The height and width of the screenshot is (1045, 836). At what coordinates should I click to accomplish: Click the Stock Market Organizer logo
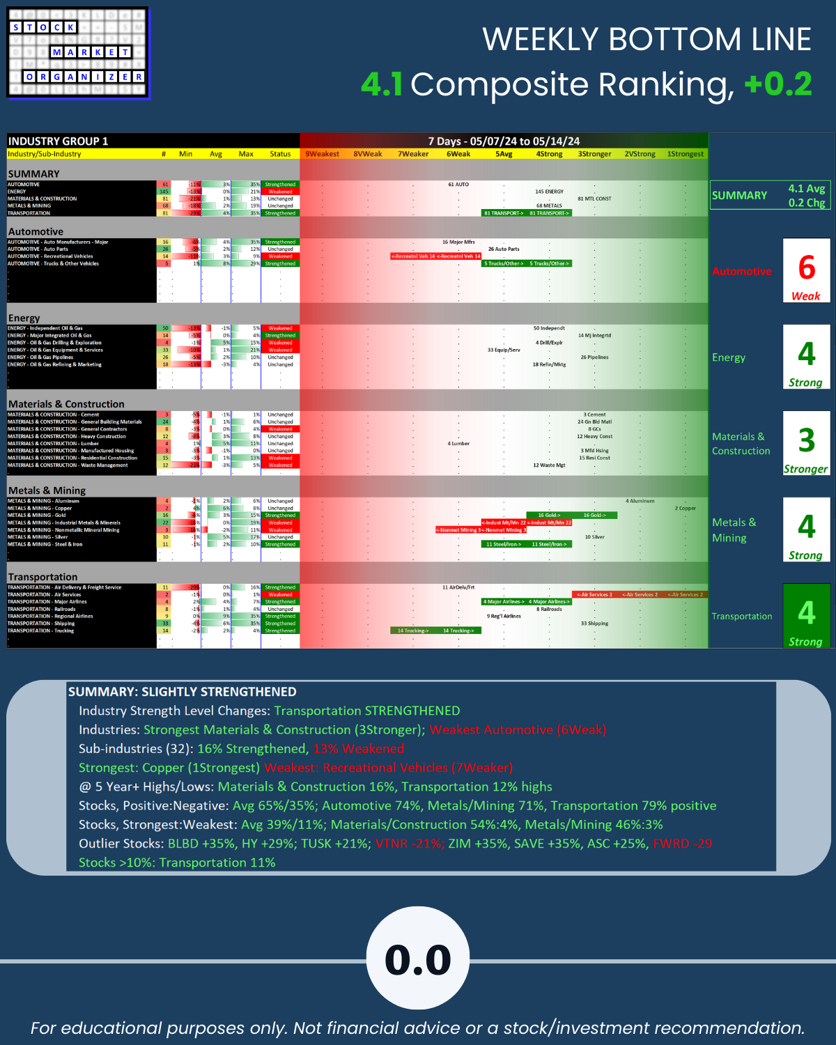coord(78,53)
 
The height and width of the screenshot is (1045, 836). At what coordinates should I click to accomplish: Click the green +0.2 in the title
coord(777,84)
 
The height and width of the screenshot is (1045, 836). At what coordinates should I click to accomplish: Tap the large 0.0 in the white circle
coord(418,959)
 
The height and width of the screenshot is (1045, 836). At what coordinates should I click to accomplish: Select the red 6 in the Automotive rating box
coord(806,268)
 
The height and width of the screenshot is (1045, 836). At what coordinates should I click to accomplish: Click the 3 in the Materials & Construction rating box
coord(806,440)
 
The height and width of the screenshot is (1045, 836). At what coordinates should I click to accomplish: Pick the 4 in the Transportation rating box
coord(806,613)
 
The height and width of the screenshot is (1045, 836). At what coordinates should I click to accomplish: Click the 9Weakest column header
coord(323,154)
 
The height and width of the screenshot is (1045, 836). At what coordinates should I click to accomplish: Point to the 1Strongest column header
coord(685,154)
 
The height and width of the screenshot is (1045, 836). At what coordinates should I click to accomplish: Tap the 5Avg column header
coord(504,154)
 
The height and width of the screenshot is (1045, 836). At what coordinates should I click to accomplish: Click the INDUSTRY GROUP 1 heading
coord(58,141)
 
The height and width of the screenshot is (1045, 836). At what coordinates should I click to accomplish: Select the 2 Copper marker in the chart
coord(685,509)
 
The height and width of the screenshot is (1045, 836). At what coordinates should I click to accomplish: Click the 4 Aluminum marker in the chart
coord(640,501)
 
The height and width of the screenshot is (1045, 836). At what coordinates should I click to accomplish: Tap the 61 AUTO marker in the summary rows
coord(458,185)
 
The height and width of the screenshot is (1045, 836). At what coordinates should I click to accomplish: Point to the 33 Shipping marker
coord(594,624)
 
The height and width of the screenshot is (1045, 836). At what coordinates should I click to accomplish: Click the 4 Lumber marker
coord(458,444)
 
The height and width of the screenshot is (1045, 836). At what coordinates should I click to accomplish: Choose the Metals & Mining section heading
coord(47,490)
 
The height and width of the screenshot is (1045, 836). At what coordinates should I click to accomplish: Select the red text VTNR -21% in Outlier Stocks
coord(408,844)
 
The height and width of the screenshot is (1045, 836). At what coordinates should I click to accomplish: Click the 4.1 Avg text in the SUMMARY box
coord(806,189)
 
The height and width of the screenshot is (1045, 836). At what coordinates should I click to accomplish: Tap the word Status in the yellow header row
coord(280,154)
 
